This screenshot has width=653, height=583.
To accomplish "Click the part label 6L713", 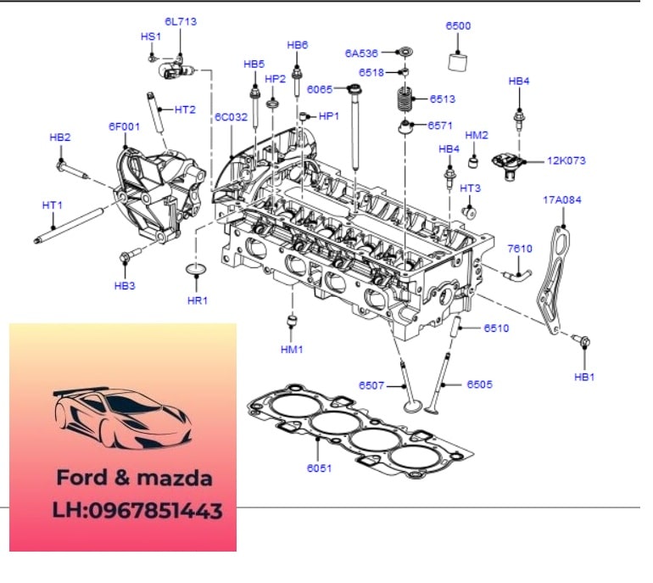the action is pyautogui.click(x=181, y=22).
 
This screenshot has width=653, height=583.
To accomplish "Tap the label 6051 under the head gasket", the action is pyautogui.click(x=319, y=468).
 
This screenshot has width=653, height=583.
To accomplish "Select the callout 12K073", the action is pyautogui.click(x=566, y=160).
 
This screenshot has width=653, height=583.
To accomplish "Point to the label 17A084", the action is pyautogui.click(x=562, y=199).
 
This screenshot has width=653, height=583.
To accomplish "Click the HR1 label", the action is pyautogui.click(x=198, y=300).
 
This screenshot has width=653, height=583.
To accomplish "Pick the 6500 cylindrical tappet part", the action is pyautogui.click(x=458, y=62).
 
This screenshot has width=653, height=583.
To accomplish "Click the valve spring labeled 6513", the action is pyautogui.click(x=404, y=99).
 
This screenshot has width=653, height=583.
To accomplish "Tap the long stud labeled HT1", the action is pyautogui.click(x=69, y=225).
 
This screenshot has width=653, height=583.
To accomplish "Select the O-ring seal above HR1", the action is pyautogui.click(x=196, y=269).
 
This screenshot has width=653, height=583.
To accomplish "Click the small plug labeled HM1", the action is pyautogui.click(x=293, y=322).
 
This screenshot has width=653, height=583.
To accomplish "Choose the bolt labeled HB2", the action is pyautogui.click(x=71, y=169).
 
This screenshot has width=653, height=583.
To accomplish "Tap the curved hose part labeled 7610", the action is pyautogui.click(x=517, y=275).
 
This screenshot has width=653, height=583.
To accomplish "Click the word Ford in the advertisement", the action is pyautogui.click(x=81, y=478).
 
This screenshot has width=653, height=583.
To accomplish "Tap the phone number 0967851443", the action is pyautogui.click(x=156, y=511).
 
